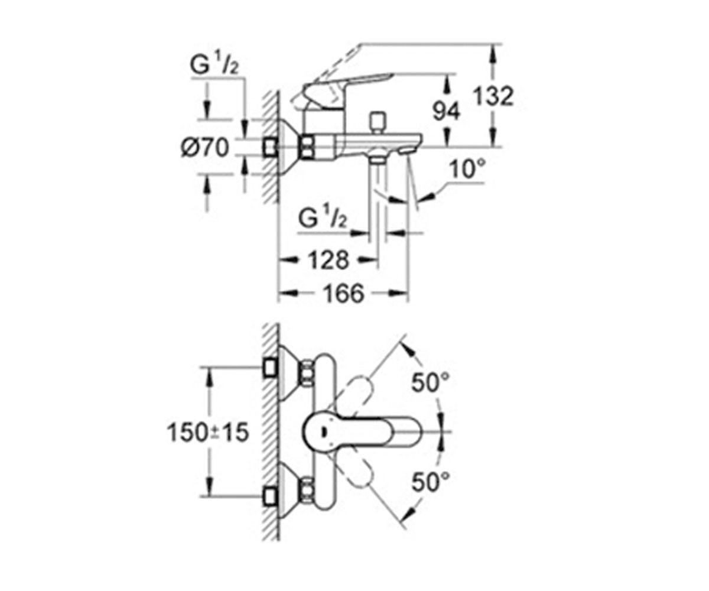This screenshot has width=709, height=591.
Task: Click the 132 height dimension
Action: click(493, 96)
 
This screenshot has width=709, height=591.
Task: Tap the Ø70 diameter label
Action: click(205, 148)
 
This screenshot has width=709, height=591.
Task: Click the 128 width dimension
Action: click(329, 260)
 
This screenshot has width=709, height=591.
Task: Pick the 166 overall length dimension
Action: click(343, 294)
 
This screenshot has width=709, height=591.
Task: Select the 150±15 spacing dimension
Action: click(208, 433)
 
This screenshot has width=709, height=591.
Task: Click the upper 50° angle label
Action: click(430, 383)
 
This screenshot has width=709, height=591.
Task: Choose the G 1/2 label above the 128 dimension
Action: click(323, 219)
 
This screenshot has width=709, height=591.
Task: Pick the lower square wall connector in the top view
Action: click(270, 497)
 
